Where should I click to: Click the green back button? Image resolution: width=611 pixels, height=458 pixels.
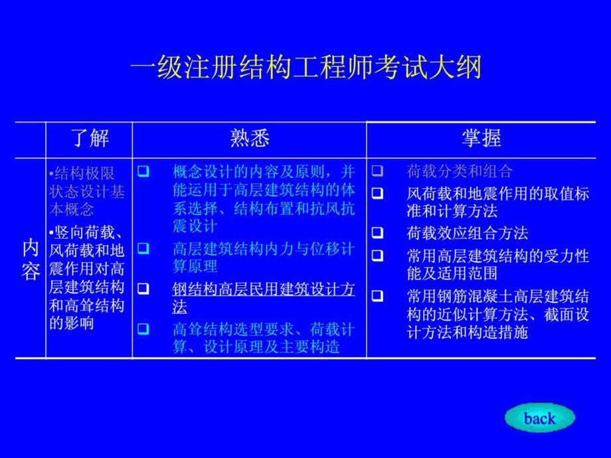point(539,418)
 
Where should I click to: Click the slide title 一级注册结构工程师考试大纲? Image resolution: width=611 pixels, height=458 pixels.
point(305,68)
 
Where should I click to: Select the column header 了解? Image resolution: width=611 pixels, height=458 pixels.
point(90,138)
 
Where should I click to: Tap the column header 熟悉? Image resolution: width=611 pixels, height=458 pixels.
point(250,138)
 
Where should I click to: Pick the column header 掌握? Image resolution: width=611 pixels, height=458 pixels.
point(481,138)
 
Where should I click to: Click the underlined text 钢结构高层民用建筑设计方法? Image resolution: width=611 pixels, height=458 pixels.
point(264,298)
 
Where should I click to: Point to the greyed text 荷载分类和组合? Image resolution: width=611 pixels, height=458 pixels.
point(460,172)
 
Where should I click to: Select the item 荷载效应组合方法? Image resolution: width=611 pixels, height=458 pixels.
point(467,233)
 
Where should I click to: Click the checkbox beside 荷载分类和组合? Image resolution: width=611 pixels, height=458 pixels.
point(377,172)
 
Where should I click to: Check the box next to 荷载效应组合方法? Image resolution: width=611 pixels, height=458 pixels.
point(377,233)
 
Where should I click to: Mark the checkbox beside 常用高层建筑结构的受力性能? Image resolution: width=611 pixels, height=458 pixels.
point(377,255)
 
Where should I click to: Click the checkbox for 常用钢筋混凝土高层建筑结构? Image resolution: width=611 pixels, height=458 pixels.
point(377,296)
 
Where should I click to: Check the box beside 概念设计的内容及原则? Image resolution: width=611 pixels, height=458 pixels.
point(142,172)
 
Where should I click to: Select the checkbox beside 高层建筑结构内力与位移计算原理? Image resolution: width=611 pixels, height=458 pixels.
point(142,250)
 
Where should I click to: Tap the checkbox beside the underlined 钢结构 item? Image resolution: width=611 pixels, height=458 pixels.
point(142,289)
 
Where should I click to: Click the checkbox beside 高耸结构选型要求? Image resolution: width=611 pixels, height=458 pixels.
point(142,329)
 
